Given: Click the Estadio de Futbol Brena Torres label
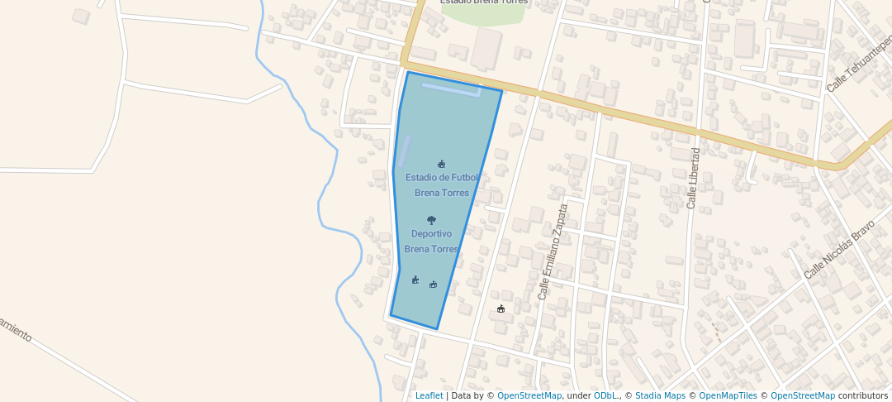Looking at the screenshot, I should click(x=442, y=184).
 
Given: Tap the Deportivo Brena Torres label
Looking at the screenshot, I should click(x=431, y=241).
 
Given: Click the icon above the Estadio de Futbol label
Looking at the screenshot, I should click(x=442, y=164).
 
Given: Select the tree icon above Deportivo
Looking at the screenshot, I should click(x=431, y=220).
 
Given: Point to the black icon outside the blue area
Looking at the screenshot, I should click(x=501, y=309).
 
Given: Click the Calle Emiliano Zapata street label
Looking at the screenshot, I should click(x=553, y=251).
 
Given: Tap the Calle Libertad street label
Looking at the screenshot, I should click(x=694, y=178).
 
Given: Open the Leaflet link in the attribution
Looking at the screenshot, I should click(x=429, y=395).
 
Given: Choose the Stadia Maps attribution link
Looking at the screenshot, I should click(x=659, y=395).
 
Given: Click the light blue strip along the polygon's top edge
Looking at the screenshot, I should click(x=451, y=88).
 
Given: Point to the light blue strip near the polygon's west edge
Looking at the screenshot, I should click(x=403, y=151).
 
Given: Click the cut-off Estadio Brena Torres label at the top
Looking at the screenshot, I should click(x=484, y=2).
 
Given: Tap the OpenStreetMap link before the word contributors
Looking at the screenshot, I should click(x=802, y=395).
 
